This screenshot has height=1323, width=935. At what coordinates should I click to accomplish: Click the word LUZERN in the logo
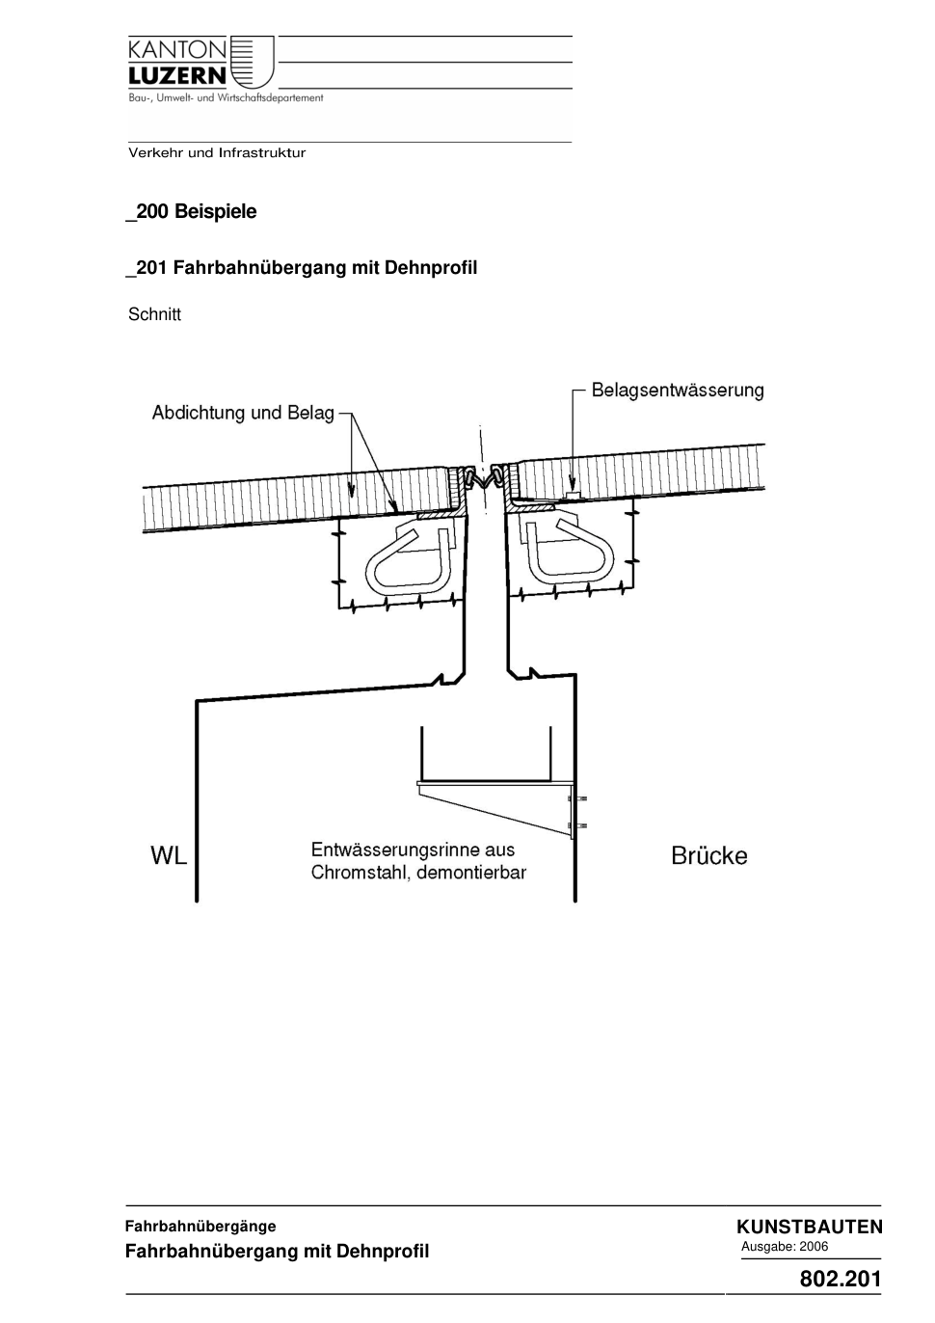coord(177,75)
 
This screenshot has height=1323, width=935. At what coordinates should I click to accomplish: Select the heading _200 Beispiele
coord(191,212)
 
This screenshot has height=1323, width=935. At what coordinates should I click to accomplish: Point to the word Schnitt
coord(154,314)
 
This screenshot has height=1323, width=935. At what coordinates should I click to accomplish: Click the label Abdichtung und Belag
coord(243,413)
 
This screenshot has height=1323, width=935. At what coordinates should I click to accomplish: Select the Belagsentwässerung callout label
coord(678,391)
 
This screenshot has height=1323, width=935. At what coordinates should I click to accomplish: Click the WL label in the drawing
coord(169,856)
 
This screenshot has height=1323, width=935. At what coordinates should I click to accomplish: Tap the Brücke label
coord(708,856)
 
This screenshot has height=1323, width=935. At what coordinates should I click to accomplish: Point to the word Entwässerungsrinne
coord(392,850)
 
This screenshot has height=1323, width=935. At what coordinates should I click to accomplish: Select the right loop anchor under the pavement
coord(569,555)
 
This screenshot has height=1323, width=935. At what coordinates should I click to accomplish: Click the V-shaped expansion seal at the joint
coord(484,478)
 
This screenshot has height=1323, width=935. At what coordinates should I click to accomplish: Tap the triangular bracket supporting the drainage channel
coord(494,809)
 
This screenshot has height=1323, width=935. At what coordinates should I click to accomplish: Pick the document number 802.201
coord(841,1279)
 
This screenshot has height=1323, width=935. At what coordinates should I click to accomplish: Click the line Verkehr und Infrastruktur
coord(217,153)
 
